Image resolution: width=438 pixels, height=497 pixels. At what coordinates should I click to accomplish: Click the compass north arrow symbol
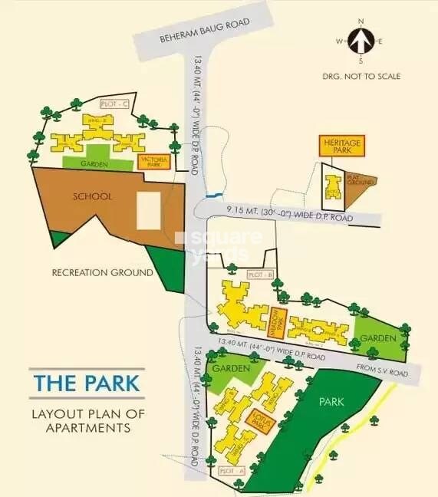click(x=361, y=41)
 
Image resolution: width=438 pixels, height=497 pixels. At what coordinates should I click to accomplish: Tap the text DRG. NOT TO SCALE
click(x=361, y=76)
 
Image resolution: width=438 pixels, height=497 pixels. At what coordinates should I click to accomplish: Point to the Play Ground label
click(x=361, y=179)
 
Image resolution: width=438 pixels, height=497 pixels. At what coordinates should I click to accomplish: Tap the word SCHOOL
click(x=92, y=196)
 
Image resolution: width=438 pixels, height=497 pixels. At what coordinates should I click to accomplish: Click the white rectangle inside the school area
click(x=148, y=209)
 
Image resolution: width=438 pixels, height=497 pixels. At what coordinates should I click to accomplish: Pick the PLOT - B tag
click(x=260, y=275)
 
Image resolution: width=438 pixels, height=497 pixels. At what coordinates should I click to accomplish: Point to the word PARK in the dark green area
click(x=331, y=402)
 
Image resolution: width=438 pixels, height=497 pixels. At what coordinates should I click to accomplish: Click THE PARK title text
click(x=86, y=382)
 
